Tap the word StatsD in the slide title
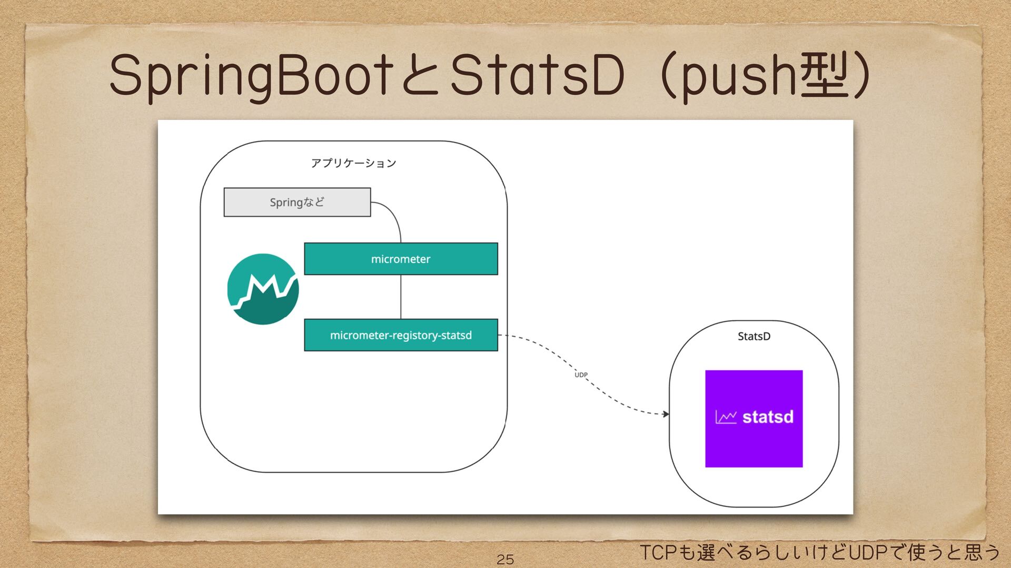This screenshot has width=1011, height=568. [x=537, y=77]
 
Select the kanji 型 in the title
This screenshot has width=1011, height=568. [x=824, y=77]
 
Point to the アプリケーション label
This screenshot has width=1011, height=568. [x=353, y=163]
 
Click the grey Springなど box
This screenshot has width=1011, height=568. [x=297, y=202]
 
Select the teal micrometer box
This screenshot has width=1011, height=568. [x=401, y=259]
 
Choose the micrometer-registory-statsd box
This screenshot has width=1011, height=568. [x=401, y=335]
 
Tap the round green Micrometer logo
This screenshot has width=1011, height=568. [x=263, y=289]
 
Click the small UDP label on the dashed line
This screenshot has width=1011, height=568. [x=581, y=375]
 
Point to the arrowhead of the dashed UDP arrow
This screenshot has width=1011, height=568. [x=666, y=414]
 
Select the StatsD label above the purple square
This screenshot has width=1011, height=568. [x=754, y=337]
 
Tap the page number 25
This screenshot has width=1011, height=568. [x=505, y=559]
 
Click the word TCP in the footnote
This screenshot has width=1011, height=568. [x=657, y=553]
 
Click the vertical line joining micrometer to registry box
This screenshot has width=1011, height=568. [x=401, y=297]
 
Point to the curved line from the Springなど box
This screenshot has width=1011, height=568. [x=394, y=216]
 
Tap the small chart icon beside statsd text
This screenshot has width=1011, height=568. [x=726, y=417]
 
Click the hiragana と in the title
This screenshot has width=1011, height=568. [x=419, y=77]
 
